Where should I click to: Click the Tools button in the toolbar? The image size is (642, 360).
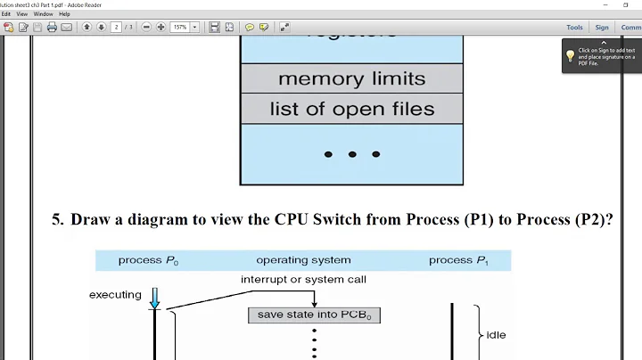tap(574, 28)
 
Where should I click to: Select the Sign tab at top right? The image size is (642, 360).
tap(602, 28)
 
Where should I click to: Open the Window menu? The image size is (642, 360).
tap(42, 14)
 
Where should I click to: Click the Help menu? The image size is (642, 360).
tap(64, 14)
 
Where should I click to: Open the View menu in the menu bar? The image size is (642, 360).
tap(21, 14)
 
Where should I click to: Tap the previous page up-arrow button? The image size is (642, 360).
tap(87, 28)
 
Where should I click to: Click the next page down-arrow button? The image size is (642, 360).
tap(101, 28)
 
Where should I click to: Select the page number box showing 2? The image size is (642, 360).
tap(116, 28)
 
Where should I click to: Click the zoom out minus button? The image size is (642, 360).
tap(146, 28)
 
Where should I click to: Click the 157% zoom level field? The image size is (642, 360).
tap(181, 28)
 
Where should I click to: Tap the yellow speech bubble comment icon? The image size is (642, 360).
tap(250, 28)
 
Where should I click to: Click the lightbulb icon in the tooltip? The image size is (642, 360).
tap(571, 55)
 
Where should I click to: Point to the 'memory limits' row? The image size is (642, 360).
tap(351, 78)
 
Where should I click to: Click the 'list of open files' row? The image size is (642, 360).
tap(351, 109)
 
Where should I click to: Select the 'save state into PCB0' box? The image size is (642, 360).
tap(314, 315)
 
